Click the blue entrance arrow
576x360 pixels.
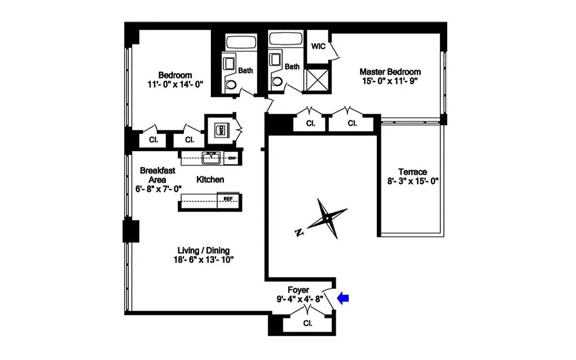[x=343, y=299]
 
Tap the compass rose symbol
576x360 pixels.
[x=326, y=218]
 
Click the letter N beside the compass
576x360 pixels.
[x=299, y=232]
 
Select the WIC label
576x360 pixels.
[x=318, y=47]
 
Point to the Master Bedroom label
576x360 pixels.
[x=390, y=72]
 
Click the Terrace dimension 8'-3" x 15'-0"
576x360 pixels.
[x=412, y=181]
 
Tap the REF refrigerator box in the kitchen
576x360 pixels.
[x=228, y=199]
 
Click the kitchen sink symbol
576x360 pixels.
[x=211, y=157]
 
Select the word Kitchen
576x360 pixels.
[x=210, y=180]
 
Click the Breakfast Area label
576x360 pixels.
[x=157, y=174]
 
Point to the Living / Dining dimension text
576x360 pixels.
[x=204, y=260]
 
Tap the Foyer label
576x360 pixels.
[x=298, y=290]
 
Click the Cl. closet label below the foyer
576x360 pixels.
[x=308, y=323]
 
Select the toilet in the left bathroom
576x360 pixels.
[x=231, y=85]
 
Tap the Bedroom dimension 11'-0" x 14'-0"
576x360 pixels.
[x=174, y=84]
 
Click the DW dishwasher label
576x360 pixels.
[x=231, y=158]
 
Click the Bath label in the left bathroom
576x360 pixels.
[x=245, y=71]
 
